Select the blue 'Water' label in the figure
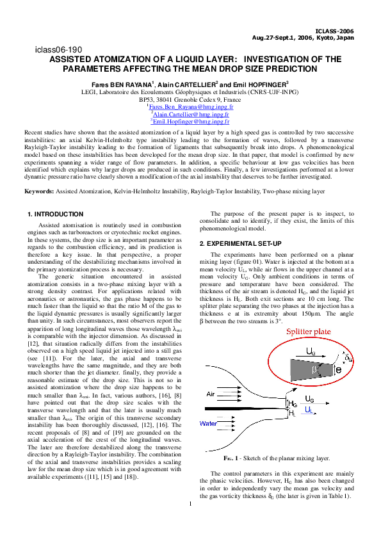(x=209, y=423)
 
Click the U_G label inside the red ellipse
(x=310, y=352)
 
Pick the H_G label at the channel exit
(x=293, y=404)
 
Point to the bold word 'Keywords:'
(x=39, y=173)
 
